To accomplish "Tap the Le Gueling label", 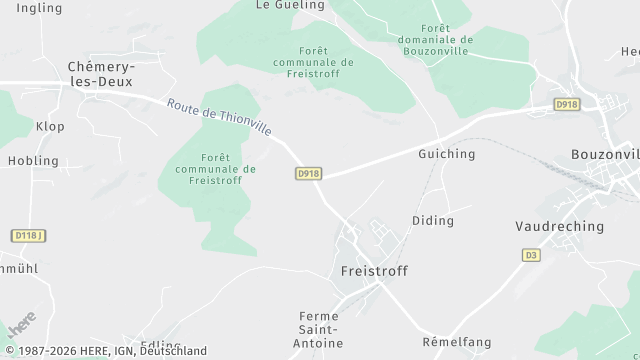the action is (290, 5).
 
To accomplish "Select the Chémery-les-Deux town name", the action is (100, 74).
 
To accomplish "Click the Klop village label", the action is (50, 127).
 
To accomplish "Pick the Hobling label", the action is (33, 160).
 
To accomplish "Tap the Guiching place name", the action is (447, 154).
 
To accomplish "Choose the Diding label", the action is (433, 220).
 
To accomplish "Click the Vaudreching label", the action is (559, 226).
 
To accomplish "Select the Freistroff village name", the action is (374, 271).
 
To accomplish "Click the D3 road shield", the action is (531, 255).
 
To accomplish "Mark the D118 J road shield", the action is (29, 235).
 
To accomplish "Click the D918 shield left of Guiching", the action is (308, 173).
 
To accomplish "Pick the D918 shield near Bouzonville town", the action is (567, 104).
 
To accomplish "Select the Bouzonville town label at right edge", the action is (604, 154).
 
